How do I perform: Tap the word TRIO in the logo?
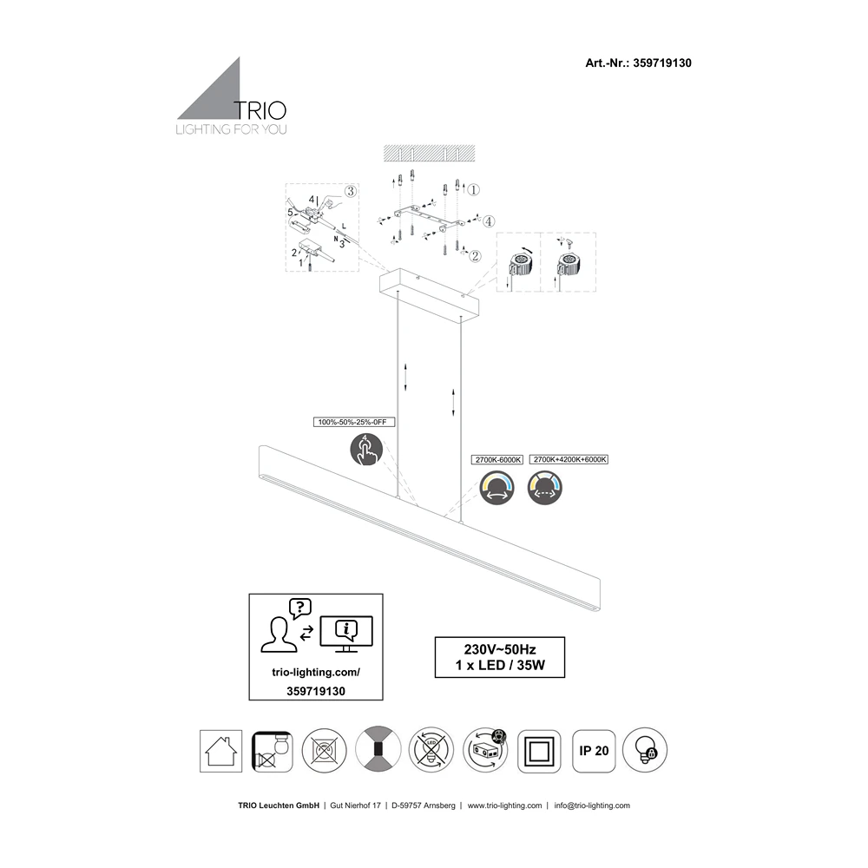261,109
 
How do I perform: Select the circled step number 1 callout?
474,188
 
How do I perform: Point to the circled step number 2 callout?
475,255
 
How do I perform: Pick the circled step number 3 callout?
351,192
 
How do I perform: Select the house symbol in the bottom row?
220,749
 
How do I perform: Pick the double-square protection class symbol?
540,749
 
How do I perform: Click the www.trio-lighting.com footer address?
505,806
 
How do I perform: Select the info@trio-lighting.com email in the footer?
592,806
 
